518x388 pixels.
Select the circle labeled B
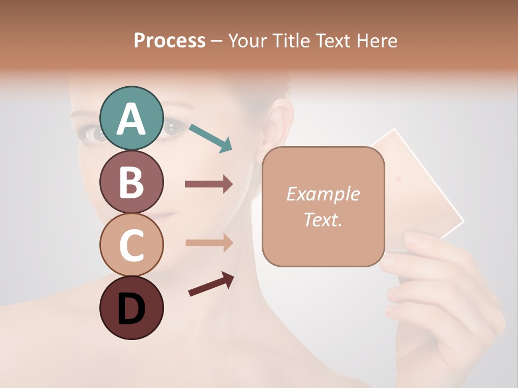[x=131, y=182]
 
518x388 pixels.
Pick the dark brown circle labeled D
[x=131, y=308]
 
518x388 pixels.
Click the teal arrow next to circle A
[x=210, y=137]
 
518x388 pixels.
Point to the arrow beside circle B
[x=209, y=184]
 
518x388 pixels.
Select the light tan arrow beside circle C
[x=209, y=242]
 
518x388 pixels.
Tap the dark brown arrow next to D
[x=211, y=284]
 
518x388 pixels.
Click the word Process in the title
[x=169, y=41]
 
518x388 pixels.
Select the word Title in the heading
[x=291, y=41]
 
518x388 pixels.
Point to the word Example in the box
[x=323, y=194]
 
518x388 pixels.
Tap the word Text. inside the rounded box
[x=323, y=219]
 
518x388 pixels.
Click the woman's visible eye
[x=174, y=128]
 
